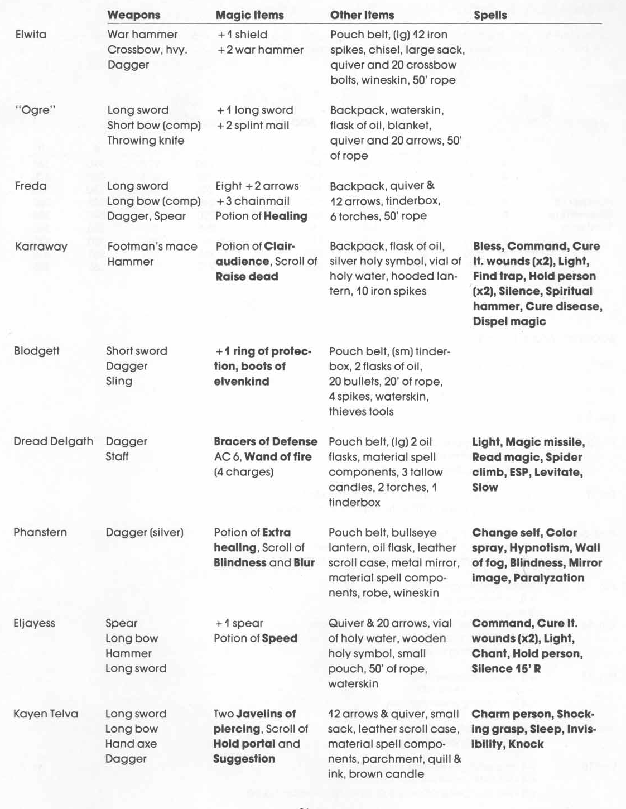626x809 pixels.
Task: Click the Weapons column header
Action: point(133,15)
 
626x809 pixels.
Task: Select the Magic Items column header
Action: point(249,15)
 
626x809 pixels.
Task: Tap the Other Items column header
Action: point(362,15)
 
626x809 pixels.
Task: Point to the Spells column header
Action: point(490,15)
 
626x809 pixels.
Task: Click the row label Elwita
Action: point(31,35)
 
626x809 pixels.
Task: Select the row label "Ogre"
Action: point(35,110)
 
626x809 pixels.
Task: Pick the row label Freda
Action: point(31,186)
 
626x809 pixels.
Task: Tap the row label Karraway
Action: point(41,247)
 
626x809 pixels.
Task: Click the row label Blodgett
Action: point(36,351)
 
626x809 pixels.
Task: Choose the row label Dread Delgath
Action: point(53,441)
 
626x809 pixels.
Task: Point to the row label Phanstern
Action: point(40,532)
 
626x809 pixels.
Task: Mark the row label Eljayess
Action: point(34,623)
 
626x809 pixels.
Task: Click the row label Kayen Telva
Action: point(46,714)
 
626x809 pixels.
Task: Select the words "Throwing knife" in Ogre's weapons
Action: point(146,141)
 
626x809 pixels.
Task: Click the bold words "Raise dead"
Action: point(247,277)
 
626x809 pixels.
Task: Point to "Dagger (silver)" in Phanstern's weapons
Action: point(145,532)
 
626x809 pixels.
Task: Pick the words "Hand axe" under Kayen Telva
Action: point(131,744)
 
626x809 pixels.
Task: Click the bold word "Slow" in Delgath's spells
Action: point(485,487)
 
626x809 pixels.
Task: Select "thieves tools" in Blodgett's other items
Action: point(361,412)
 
